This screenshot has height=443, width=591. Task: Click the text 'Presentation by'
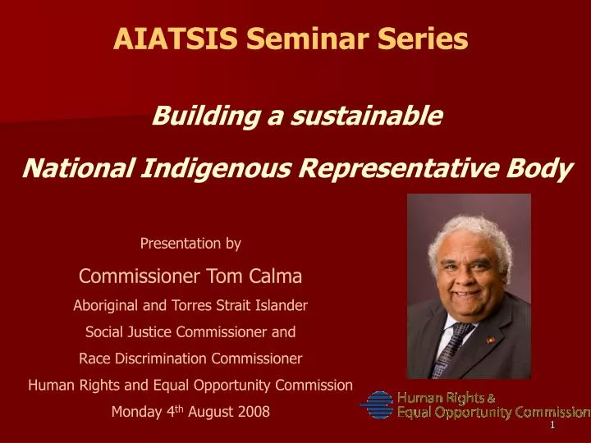pos(190,244)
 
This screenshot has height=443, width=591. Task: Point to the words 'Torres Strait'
pos(231,305)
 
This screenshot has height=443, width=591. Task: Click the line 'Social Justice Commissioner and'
pos(190,333)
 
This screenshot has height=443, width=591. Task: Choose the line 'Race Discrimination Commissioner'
pos(190,359)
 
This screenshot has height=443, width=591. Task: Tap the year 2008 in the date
pos(253,412)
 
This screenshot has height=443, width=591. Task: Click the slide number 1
pos(552,426)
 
